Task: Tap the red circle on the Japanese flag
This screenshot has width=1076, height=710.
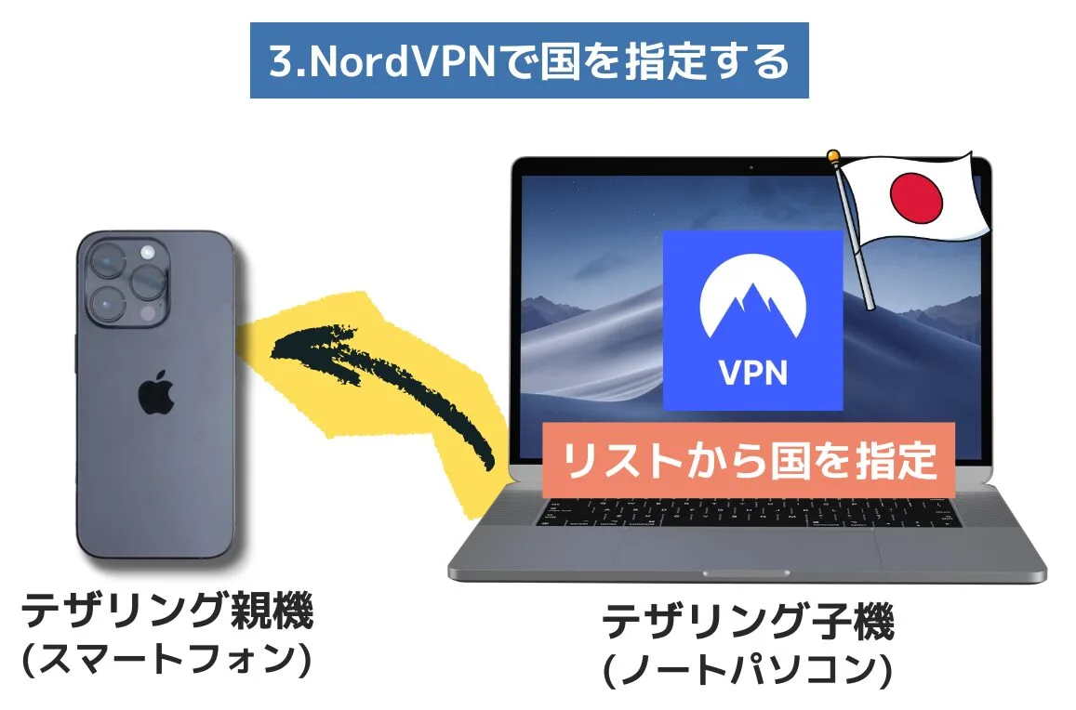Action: [x=916, y=195]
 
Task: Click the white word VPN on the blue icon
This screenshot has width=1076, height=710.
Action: [x=752, y=372]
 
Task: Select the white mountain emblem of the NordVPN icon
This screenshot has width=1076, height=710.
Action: [x=752, y=300]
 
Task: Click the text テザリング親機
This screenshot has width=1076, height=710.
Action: [x=168, y=611]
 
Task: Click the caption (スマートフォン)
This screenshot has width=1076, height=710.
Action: [x=168, y=660]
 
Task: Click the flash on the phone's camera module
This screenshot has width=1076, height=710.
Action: [x=147, y=253]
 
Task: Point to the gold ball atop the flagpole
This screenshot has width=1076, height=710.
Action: [x=835, y=156]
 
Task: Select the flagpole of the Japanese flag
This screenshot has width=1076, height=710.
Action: [x=856, y=242]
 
